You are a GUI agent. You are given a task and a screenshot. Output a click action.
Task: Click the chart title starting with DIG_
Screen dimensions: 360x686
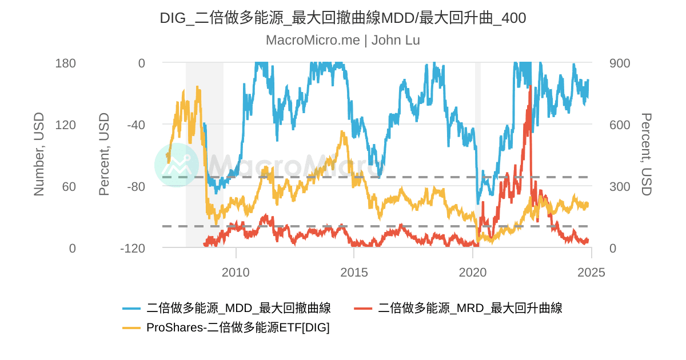click(342, 18)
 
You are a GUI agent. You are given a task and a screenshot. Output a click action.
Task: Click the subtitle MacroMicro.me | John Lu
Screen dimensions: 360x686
click(342, 40)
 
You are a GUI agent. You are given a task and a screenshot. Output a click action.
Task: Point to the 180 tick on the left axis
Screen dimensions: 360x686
click(65, 63)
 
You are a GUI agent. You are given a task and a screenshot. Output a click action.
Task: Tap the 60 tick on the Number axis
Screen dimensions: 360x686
click(69, 187)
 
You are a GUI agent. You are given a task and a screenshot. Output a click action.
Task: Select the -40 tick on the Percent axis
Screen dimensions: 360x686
click(135, 125)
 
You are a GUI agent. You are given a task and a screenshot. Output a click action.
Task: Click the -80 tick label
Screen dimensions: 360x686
click(135, 187)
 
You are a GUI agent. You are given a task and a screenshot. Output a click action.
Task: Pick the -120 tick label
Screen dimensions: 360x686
click(133, 249)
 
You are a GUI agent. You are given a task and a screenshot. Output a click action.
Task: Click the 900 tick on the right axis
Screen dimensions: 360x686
click(620, 63)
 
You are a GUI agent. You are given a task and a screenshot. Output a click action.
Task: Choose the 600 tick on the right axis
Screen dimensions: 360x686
click(620, 125)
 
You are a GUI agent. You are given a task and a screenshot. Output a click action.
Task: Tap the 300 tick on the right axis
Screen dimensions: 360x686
click(620, 187)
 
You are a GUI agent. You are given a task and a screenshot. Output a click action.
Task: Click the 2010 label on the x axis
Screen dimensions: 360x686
click(236, 272)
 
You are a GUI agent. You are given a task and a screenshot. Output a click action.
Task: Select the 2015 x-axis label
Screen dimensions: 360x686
click(354, 272)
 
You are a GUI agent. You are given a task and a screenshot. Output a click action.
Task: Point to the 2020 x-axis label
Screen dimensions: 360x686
click(473, 272)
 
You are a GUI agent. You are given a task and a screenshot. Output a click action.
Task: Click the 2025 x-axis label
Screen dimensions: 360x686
click(591, 272)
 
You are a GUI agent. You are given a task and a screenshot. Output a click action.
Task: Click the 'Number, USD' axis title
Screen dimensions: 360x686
click(39, 154)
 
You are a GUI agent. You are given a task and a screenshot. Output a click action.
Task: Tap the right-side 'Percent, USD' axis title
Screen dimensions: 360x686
click(646, 154)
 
